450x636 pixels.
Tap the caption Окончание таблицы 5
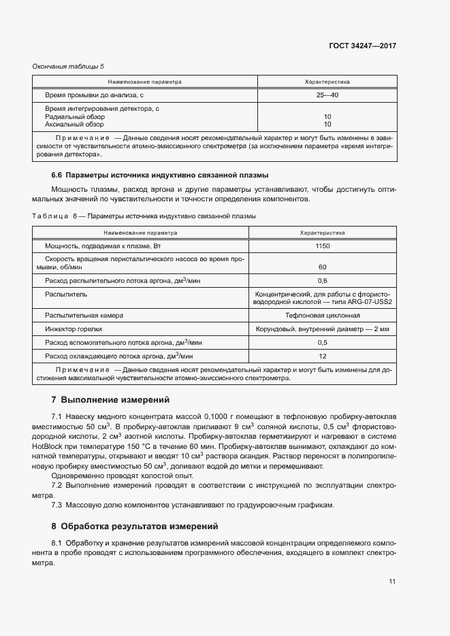(68, 66)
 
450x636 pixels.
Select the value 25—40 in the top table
(327, 95)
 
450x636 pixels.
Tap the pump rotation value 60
(322, 267)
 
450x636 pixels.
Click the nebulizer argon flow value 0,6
(322, 280)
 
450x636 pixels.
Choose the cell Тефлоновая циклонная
(323, 316)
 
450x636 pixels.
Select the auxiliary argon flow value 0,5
(322, 342)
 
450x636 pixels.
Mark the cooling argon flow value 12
(322, 356)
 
